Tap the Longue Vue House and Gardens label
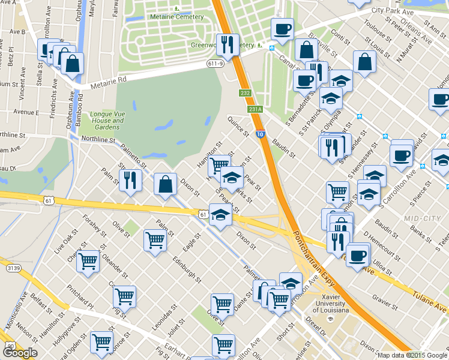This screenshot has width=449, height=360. click(x=107, y=121)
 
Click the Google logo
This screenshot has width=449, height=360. click(x=19, y=352)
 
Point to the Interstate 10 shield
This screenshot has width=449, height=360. click(x=260, y=135)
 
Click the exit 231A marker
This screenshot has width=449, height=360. click(x=256, y=109)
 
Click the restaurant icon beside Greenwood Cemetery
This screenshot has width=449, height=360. click(x=227, y=44)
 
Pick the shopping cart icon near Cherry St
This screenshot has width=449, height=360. click(x=88, y=262)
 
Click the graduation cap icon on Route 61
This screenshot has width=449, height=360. click(x=220, y=215)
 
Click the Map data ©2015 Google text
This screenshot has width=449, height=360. click(x=412, y=355)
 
